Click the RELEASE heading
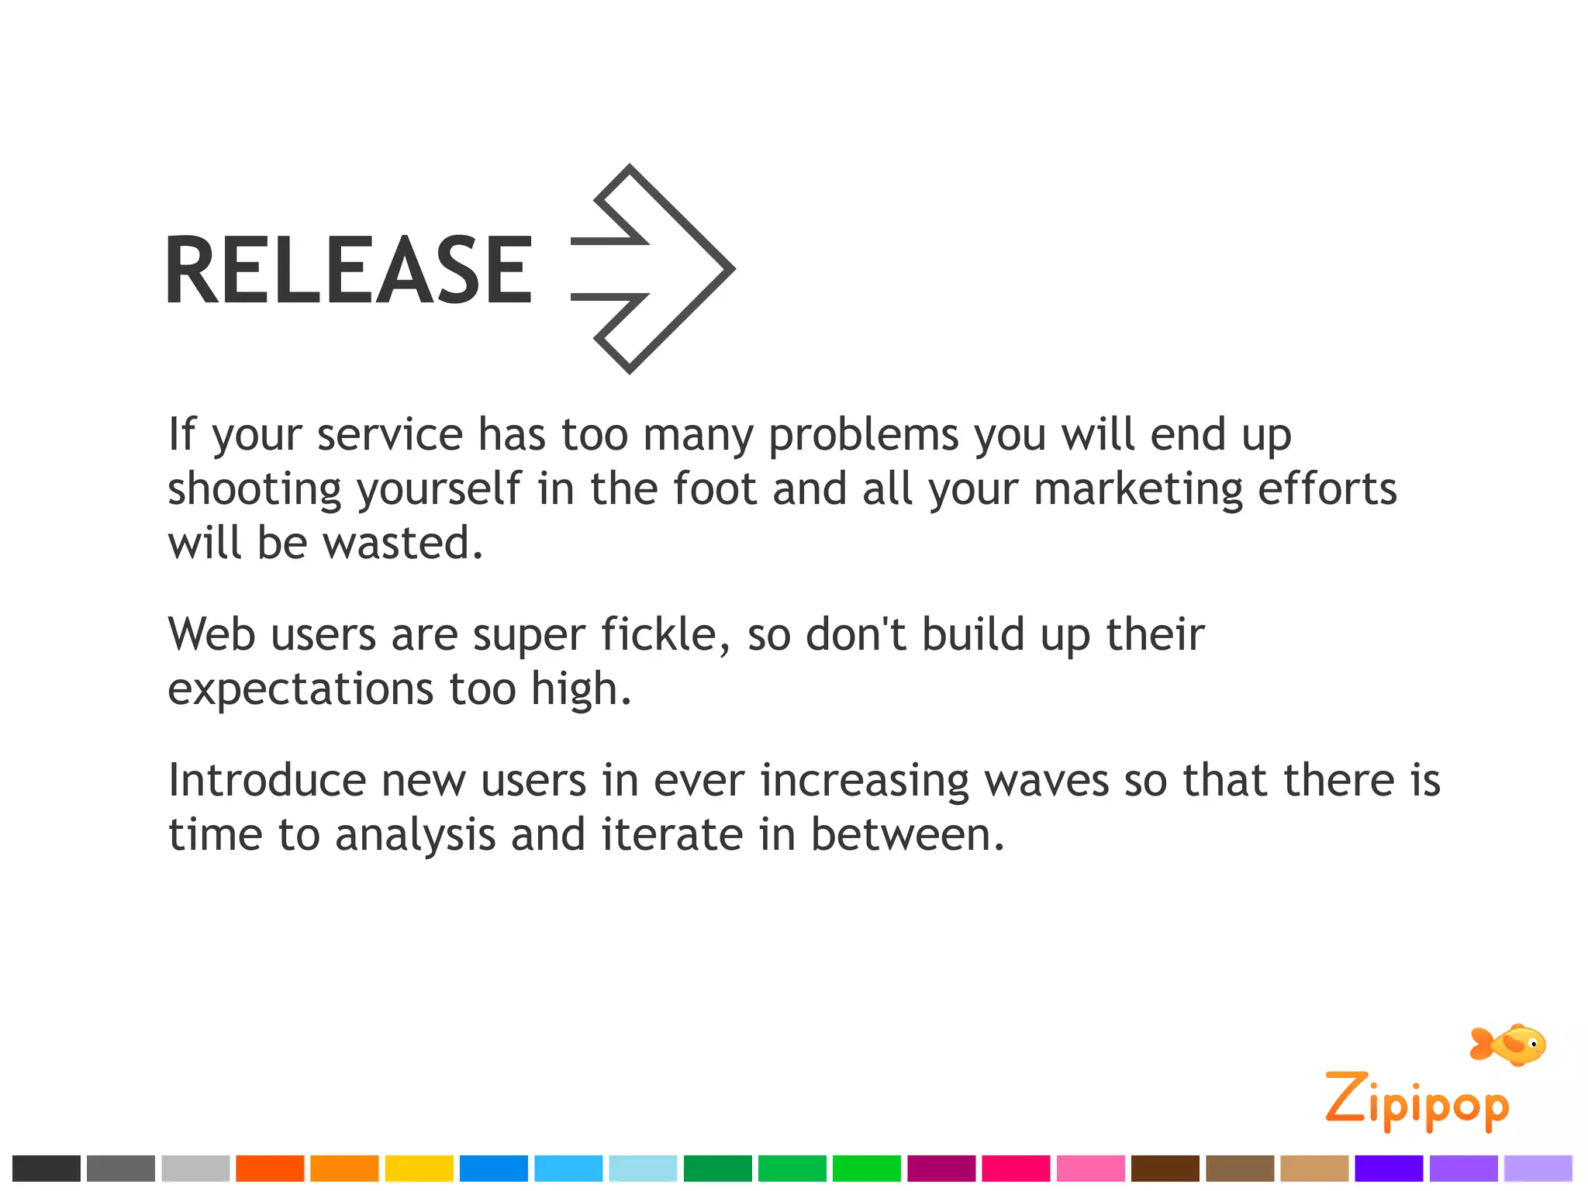tap(349, 269)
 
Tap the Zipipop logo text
tap(1417, 1101)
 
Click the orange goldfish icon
tap(1508, 1045)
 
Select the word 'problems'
tap(864, 435)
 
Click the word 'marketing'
tap(1138, 489)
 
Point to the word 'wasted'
tap(403, 543)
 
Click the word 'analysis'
tap(416, 836)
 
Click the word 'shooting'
tap(254, 491)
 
